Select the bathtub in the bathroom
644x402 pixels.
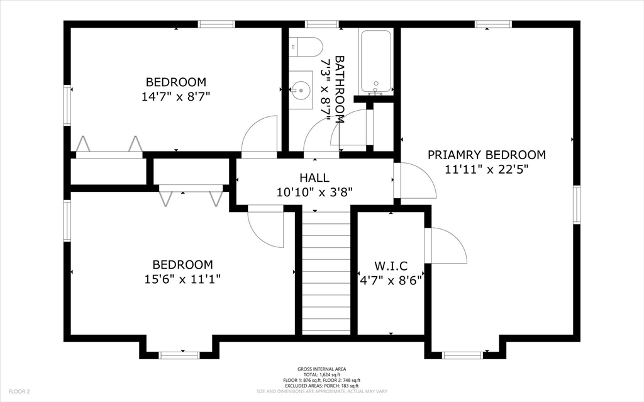click(376, 62)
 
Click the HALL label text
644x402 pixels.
click(314, 177)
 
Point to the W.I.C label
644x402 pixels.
click(391, 266)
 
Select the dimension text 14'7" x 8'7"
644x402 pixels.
click(176, 97)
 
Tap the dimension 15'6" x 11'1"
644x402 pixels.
click(183, 279)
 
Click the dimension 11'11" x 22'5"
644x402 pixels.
click(486, 169)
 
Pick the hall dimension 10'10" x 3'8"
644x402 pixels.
click(314, 192)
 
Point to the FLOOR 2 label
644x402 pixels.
click(19, 392)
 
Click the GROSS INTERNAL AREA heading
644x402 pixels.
click(322, 369)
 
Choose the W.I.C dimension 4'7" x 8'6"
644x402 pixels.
click(391, 281)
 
